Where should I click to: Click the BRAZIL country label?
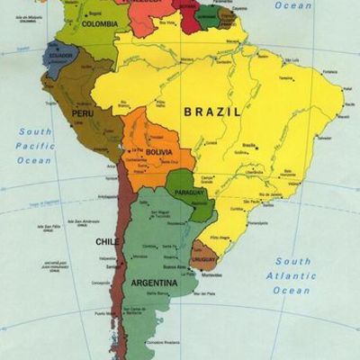click(212, 112)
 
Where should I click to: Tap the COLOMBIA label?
click(99, 24)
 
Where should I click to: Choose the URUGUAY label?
click(203, 260)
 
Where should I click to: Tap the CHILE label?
click(105, 241)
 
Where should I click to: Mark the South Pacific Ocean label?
click(36, 146)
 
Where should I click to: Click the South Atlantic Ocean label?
click(293, 274)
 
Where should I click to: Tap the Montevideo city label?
click(211, 274)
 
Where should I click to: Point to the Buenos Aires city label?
click(175, 267)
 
